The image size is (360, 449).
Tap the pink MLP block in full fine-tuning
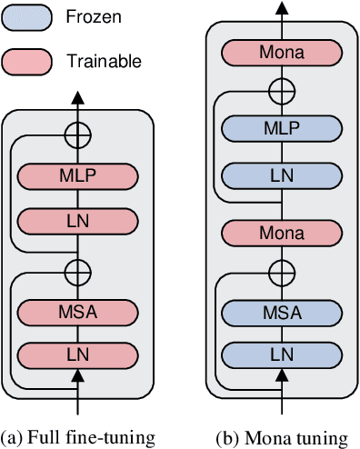click(x=78, y=173)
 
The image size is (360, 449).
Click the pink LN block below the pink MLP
click(x=78, y=220)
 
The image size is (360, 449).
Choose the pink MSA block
click(x=78, y=314)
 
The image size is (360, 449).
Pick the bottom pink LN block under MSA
click(x=78, y=354)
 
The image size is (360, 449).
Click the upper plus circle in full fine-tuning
click(x=78, y=134)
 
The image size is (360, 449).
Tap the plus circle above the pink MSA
click(x=78, y=270)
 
